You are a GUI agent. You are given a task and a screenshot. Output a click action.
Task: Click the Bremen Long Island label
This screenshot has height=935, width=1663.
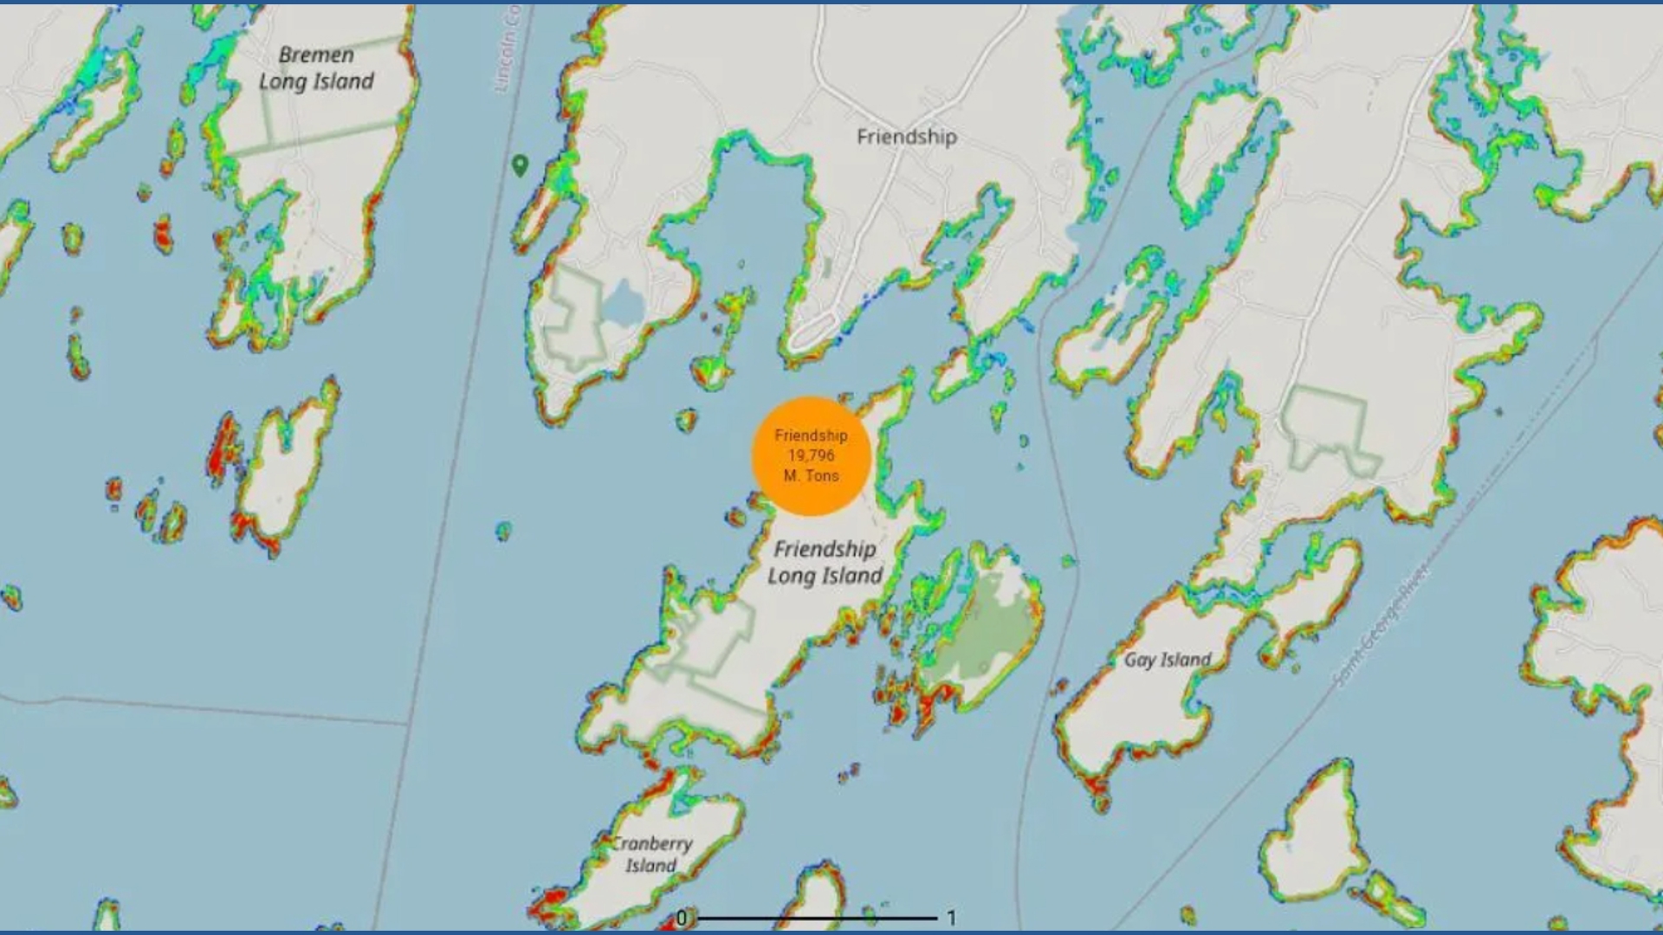point(316,68)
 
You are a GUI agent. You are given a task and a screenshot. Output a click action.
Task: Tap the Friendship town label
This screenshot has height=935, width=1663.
point(907,137)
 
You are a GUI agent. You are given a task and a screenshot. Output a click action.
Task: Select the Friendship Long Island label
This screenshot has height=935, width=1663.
point(825,563)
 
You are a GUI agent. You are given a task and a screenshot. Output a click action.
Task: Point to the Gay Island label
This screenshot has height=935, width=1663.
point(1168,660)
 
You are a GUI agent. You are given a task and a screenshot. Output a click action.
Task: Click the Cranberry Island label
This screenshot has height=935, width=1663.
point(652,854)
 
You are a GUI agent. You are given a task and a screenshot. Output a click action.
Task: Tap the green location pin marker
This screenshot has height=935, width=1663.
point(520,164)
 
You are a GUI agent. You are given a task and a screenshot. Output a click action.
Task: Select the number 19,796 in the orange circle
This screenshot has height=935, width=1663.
point(811,455)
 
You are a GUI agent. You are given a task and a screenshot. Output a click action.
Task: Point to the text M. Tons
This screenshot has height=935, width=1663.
point(811,475)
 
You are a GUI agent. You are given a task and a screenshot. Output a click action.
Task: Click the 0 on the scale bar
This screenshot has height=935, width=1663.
point(683,918)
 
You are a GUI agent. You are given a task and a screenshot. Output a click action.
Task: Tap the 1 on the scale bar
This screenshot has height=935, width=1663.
point(951,918)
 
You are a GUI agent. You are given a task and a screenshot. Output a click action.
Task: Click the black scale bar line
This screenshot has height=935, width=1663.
point(817,918)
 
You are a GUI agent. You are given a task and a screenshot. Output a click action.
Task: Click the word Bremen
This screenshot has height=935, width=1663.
point(316,55)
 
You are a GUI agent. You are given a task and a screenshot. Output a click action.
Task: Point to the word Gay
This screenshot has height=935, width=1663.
point(1139,660)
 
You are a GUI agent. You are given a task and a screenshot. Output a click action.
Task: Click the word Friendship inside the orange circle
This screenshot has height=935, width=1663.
point(811,435)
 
